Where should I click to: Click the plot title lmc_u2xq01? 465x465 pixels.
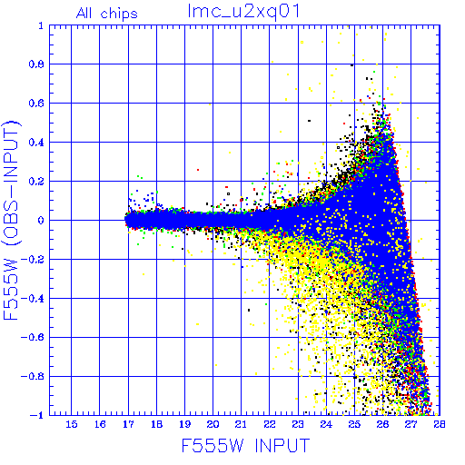[243, 13]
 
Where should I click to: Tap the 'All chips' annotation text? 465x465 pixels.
[107, 14]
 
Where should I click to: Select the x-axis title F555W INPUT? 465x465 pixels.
[245, 446]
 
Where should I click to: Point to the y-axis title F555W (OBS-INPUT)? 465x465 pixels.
[11, 221]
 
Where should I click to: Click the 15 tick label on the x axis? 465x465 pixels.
[72, 424]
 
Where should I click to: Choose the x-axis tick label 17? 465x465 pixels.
[128, 424]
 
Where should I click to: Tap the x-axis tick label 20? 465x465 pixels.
[213, 424]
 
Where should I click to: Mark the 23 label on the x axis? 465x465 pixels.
[298, 424]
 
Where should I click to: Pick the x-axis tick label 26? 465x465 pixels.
[382, 424]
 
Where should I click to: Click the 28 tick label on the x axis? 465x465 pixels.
[440, 424]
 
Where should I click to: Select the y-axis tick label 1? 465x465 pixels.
[41, 25]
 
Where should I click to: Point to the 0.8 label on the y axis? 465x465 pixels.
[36, 64]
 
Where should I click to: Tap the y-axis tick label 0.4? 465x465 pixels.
[36, 143]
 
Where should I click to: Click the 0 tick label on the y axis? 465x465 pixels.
[41, 221]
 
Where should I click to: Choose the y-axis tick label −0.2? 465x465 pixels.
[33, 260]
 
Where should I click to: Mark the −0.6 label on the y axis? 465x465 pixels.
[33, 337]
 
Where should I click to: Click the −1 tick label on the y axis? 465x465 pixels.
[37, 415]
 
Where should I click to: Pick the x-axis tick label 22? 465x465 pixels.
[270, 424]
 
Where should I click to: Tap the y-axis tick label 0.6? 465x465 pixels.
[36, 104]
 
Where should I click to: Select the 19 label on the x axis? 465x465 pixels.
[185, 424]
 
